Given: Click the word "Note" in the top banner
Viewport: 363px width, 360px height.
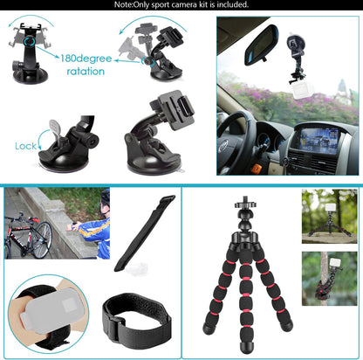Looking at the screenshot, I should tap(123, 5).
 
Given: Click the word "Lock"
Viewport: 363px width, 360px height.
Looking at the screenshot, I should tap(26, 146).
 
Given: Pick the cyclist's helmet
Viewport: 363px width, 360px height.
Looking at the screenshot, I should tap(105, 197).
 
